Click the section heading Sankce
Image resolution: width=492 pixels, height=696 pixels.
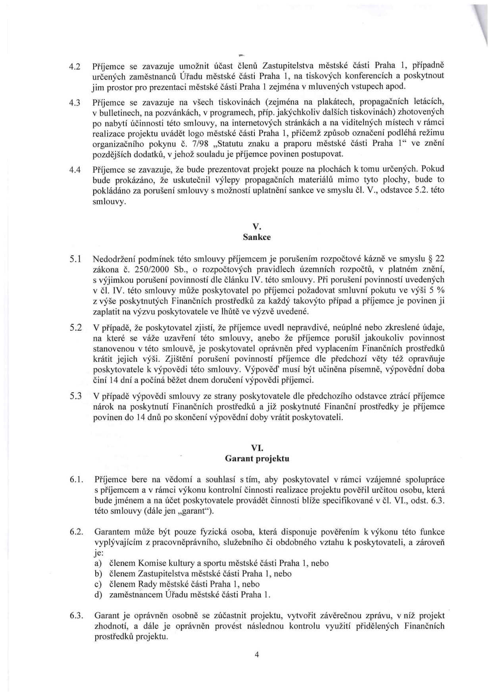pos(257,237)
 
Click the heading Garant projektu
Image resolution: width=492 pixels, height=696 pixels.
pos(257,459)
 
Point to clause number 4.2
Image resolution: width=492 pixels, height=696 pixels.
pos(75,66)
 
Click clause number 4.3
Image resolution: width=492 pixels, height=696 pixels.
pos(75,102)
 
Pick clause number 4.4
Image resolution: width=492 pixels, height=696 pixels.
pos(75,170)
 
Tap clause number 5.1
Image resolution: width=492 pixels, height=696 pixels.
pos(75,260)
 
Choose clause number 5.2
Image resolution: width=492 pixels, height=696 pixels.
pos(75,328)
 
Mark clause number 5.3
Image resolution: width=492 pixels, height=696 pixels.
pos(75,396)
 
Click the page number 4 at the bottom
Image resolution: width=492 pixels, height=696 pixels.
pos(257,655)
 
